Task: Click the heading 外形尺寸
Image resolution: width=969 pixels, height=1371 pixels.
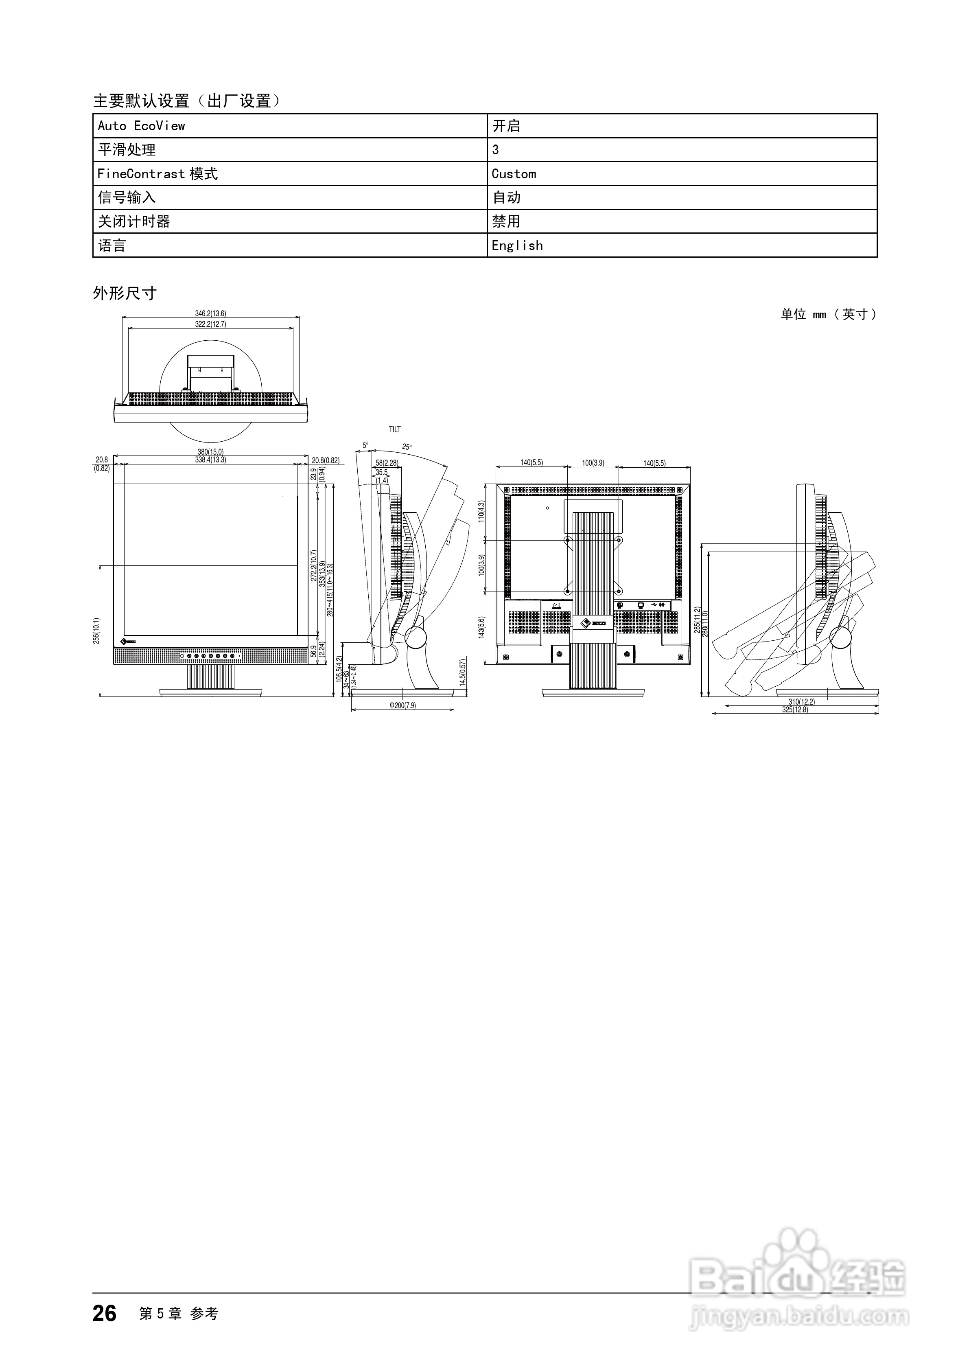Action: tap(125, 293)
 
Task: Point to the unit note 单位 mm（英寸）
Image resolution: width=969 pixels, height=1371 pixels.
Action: tap(829, 314)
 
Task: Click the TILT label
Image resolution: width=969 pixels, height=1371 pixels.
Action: tap(395, 429)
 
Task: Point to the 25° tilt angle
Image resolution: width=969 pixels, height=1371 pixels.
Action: tap(407, 447)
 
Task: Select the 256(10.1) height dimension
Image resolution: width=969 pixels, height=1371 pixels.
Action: tap(96, 630)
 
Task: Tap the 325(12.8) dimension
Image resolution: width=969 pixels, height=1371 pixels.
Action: tap(795, 710)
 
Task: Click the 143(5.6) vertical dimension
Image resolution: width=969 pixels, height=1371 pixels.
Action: tap(481, 627)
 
